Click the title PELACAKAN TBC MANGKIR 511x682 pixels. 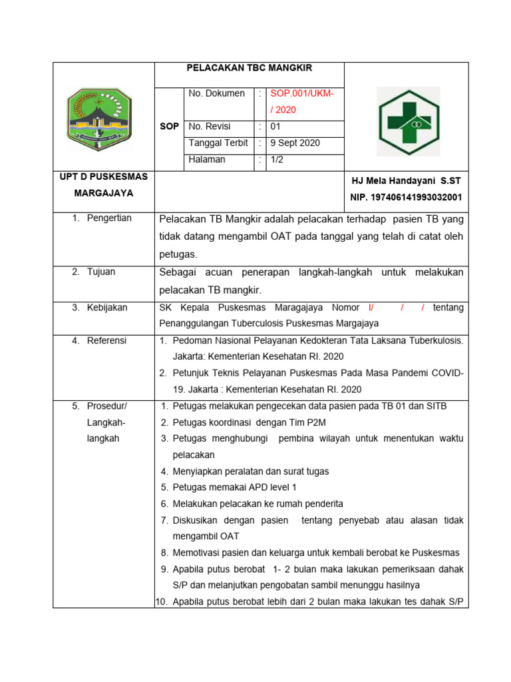coord(250,68)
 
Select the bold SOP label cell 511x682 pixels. coord(170,127)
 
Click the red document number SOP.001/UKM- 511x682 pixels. coord(301,94)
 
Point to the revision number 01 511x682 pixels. coord(276,126)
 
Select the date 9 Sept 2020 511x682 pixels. coord(295,143)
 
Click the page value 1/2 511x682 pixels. coord(277,160)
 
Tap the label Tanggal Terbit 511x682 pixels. coord(218,143)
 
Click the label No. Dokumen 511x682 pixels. coord(216,94)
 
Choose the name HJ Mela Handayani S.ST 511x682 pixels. coord(405,181)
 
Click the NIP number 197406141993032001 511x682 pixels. coord(406,198)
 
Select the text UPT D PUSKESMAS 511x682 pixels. coord(103,176)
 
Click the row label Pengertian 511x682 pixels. coord(109,218)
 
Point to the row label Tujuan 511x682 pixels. coord(101,272)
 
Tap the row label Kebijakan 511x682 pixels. coord(107,308)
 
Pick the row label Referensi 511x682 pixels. coord(106,340)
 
